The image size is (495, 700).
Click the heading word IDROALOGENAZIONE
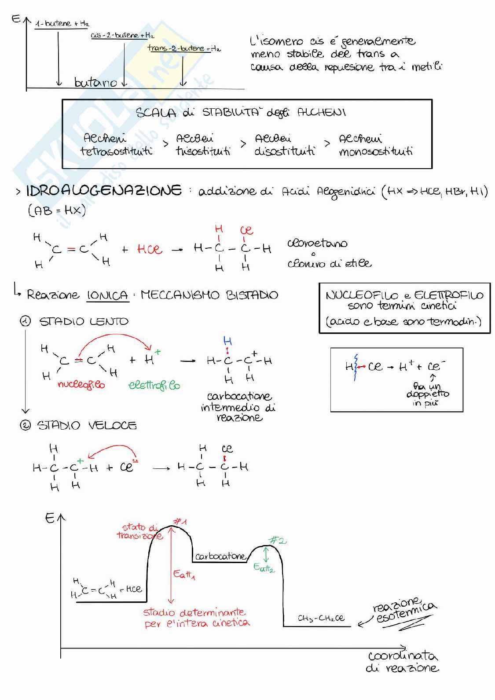pos(104,191)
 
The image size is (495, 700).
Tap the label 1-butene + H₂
pos(62,23)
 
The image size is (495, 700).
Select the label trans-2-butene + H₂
pos(184,48)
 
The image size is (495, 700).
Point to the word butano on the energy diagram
pos(95,82)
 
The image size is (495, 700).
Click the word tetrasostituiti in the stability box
pos(116,151)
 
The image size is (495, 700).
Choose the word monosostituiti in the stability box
pos(376,152)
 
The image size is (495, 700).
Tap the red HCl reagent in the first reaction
pos(150,249)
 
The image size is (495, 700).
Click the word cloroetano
pos(317,243)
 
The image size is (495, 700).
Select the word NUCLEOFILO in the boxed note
pos(362,295)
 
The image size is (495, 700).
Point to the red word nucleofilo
pos(81,384)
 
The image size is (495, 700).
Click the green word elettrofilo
pos(154,385)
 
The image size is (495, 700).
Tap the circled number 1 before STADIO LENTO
pos(26,321)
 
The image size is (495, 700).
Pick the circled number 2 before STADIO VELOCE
pos(26,425)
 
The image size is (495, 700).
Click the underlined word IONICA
pos(107,295)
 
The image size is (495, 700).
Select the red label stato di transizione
pos(139,531)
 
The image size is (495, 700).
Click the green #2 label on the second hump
pos(277,540)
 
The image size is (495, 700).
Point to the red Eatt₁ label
pos(184,574)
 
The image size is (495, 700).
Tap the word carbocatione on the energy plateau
pos(220,556)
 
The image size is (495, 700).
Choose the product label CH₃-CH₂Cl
pos(321,618)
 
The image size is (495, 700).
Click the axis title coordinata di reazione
pos(403,662)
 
